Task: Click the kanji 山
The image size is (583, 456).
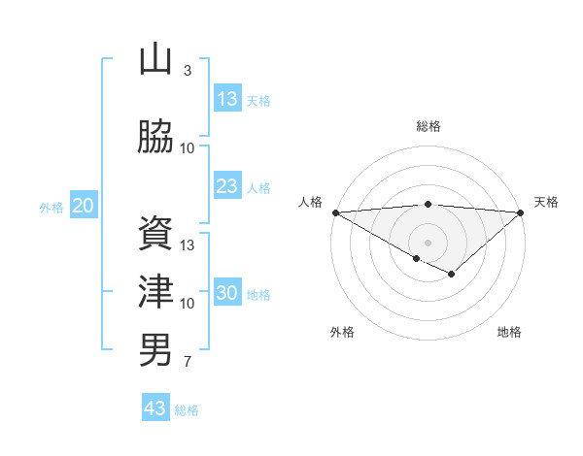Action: (x=155, y=60)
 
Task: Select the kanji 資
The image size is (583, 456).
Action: (x=155, y=234)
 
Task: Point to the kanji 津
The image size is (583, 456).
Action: (x=155, y=292)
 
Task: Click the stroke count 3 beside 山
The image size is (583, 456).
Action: (x=188, y=71)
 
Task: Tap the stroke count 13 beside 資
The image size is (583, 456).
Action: (x=189, y=245)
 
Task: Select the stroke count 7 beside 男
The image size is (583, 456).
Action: (x=188, y=362)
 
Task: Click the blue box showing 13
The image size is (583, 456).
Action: (x=227, y=99)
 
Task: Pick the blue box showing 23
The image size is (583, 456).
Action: (x=227, y=186)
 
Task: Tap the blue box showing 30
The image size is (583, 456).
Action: (x=227, y=293)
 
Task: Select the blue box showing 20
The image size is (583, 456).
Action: (x=84, y=206)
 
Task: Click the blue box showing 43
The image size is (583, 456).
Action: (x=155, y=408)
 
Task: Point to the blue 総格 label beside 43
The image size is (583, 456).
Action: (x=187, y=410)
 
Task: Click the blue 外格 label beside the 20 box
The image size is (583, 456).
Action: (x=51, y=207)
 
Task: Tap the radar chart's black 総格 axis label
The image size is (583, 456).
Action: (x=428, y=126)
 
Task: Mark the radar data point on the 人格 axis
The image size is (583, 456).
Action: (x=335, y=212)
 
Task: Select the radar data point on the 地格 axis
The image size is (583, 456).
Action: (x=451, y=275)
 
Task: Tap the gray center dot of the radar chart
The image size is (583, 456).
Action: (x=428, y=242)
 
